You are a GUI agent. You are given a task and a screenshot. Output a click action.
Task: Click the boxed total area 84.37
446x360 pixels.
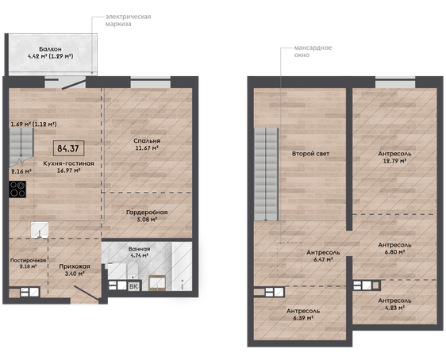coord(68,148)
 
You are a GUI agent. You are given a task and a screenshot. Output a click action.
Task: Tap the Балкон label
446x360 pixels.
coord(50,49)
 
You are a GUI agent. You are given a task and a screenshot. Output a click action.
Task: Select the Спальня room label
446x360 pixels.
coord(147,140)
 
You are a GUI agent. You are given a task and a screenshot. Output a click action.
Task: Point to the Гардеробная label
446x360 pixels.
coord(147,213)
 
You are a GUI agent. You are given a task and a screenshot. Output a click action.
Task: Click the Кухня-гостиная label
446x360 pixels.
coord(68,163)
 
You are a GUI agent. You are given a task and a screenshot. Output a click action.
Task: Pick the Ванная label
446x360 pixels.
coord(139,249)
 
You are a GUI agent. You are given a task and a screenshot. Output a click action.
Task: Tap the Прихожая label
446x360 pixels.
coord(75,266)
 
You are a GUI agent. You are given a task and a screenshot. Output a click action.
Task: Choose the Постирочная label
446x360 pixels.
coord(28,260)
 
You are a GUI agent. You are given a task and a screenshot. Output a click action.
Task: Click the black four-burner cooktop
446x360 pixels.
coord(17,190)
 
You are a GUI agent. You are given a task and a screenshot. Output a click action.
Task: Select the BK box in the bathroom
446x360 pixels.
coord(133,287)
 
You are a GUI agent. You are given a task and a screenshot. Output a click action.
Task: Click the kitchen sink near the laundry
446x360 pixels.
coord(40,230)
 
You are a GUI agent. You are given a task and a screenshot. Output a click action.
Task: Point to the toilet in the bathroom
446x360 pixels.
coord(132,270)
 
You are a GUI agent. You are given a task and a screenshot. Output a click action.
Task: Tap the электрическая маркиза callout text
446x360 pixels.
coord(129,20)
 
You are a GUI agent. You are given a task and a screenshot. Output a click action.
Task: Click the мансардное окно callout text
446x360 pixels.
coord(313,51)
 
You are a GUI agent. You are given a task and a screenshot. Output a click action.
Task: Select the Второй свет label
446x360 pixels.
coord(310,154)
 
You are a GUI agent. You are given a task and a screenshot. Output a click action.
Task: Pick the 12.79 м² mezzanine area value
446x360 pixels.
coord(394,161)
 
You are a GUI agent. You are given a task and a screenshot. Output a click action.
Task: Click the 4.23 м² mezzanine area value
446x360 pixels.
coord(394,308)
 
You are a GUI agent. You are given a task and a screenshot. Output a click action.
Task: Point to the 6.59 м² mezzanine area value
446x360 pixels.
coord(303,318)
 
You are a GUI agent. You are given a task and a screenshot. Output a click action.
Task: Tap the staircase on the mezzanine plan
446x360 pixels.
coord(266,174)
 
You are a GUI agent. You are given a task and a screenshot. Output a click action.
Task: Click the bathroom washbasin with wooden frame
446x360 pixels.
coord(157,283)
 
